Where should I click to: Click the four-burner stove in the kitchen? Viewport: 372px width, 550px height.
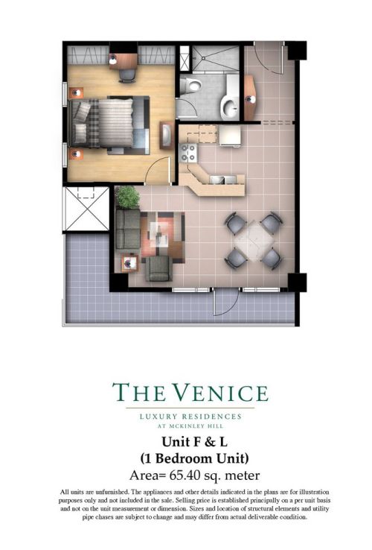coord(189,154)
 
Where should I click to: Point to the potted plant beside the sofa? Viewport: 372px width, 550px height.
coord(127,197)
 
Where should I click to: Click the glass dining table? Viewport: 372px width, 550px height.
coord(253,238)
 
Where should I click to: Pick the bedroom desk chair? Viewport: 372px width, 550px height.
coord(127,74)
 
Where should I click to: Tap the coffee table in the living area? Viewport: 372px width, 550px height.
coord(159,233)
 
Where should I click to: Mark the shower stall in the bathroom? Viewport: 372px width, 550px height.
coord(215,59)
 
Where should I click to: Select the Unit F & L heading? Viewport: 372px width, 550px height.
coord(190,441)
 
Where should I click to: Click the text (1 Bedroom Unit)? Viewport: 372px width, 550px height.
coord(190,457)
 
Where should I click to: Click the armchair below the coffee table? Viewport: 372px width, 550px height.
coord(158,268)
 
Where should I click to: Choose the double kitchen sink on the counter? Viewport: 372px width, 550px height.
coord(220,180)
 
